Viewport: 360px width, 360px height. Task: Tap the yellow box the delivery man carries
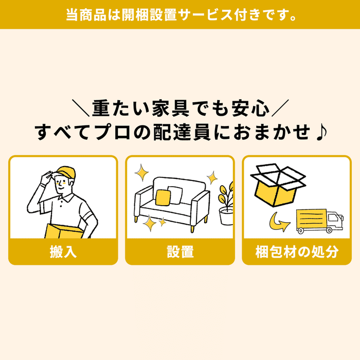point(64,231)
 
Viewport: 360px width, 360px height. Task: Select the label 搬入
point(63,251)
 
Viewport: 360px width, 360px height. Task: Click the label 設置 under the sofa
point(180,251)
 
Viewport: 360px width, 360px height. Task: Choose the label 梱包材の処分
point(297,251)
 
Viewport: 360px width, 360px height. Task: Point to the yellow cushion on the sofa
point(163,197)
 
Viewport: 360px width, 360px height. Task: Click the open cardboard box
point(278,185)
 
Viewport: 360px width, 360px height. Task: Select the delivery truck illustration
point(319,221)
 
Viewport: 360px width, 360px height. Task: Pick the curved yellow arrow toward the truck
point(279,222)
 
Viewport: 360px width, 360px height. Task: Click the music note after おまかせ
point(321,133)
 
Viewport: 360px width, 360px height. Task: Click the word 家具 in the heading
point(171,108)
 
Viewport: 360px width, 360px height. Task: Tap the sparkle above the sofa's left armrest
point(141,172)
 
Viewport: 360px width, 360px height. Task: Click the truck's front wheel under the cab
point(329,230)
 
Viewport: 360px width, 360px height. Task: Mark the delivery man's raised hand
point(47,177)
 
